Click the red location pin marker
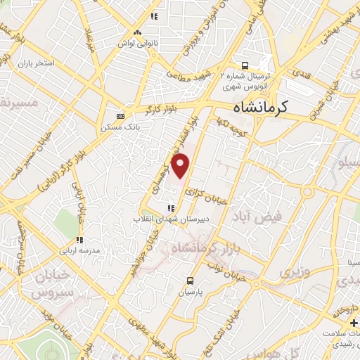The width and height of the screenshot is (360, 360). (181, 166)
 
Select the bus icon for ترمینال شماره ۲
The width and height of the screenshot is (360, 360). (244, 62)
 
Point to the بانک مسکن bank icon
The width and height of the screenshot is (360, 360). (120, 116)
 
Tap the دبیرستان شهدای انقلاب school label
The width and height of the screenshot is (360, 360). (169, 219)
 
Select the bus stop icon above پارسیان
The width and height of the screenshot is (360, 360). (188, 280)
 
